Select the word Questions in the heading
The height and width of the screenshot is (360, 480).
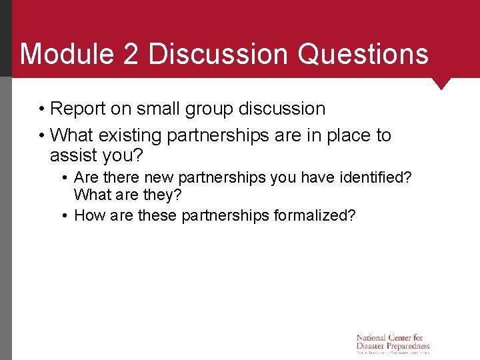coord(363,53)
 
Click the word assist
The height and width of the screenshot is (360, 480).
coord(74,156)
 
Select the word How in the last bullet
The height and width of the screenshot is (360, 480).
coord(87,215)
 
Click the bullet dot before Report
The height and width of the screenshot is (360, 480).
coord(41,109)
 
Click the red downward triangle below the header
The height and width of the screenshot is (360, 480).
coord(441,83)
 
